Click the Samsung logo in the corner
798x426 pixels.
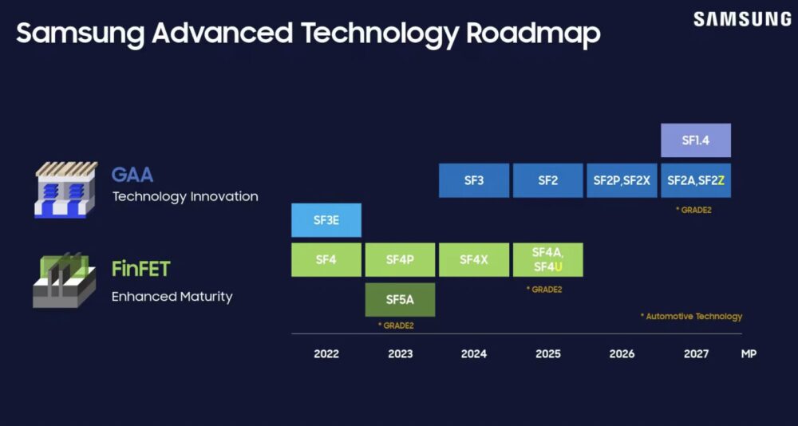(741, 19)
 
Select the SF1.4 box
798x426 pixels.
(696, 140)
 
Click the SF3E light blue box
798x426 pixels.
(326, 220)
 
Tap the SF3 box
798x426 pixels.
(474, 180)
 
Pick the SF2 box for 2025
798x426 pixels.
(547, 180)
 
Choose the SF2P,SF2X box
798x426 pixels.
(622, 180)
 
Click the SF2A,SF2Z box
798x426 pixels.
(696, 180)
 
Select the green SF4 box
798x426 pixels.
(326, 260)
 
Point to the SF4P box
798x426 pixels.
(400, 260)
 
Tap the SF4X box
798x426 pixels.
(474, 260)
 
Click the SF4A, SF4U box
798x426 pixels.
(547, 260)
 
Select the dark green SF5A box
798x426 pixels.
(400, 300)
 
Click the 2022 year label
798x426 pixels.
(326, 353)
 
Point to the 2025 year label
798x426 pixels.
(547, 353)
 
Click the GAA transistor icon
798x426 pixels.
(65, 189)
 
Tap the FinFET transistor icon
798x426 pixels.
(64, 280)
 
